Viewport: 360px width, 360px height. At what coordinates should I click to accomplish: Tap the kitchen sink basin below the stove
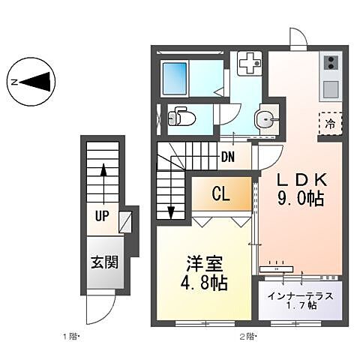point(331,88)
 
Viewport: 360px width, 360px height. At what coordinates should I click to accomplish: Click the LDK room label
point(300,181)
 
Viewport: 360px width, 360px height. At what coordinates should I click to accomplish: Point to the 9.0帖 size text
point(300,199)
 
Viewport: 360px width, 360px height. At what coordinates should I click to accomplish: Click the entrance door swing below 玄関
point(100,305)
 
